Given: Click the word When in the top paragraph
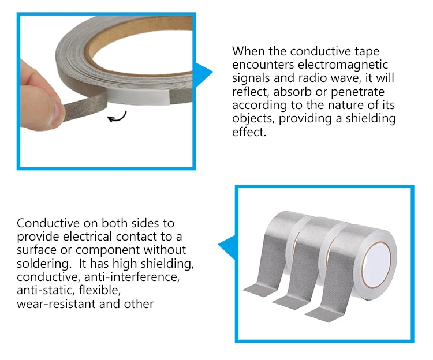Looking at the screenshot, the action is coord(248,51).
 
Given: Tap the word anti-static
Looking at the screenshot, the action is coord(44,290).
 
